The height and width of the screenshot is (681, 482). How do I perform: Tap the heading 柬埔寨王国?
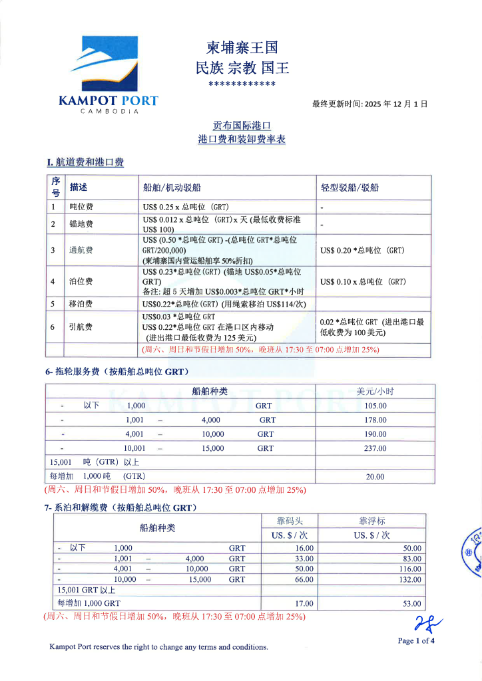(x=242, y=48)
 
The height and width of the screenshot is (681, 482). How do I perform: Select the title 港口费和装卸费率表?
(x=242, y=140)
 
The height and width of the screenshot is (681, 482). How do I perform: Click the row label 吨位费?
(x=81, y=207)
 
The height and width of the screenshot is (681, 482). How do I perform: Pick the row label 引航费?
(x=81, y=327)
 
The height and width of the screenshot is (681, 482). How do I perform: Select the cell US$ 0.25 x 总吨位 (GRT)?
(x=186, y=207)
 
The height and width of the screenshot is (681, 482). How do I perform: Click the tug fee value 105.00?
(x=375, y=405)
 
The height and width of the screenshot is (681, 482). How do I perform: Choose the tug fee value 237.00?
(x=375, y=448)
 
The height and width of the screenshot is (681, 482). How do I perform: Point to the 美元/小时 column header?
(x=375, y=391)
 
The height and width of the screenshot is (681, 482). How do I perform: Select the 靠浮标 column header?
(x=371, y=521)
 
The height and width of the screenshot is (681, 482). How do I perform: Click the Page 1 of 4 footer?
(x=415, y=641)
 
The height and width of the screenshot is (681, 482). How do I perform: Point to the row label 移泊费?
(x=81, y=304)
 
